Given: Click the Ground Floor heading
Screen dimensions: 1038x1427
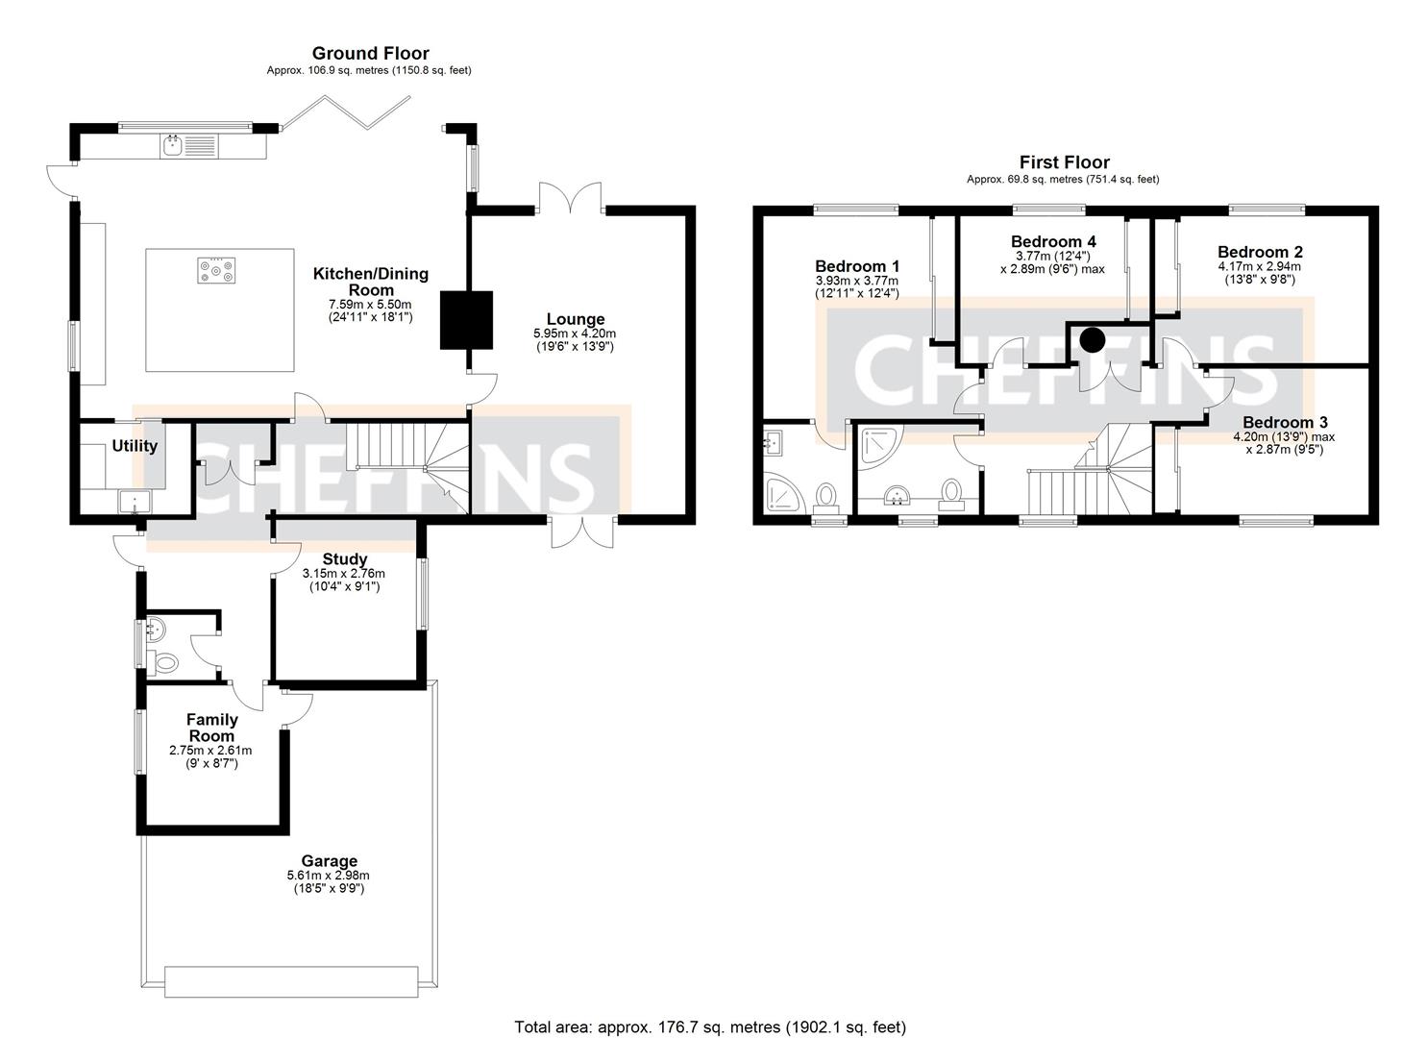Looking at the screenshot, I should [370, 54].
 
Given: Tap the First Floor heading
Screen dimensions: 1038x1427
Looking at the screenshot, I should [1064, 162].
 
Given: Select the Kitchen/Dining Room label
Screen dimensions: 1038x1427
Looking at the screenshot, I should [370, 282].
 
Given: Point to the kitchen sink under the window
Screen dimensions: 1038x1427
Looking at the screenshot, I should [174, 146].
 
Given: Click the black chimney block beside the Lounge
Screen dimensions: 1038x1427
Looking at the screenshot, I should [466, 320].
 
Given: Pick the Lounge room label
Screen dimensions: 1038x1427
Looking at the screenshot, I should [576, 319].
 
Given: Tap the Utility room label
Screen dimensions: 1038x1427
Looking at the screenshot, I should [135, 446].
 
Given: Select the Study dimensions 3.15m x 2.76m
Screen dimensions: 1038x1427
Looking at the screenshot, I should [343, 574].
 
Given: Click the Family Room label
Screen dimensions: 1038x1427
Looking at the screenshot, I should [211, 728].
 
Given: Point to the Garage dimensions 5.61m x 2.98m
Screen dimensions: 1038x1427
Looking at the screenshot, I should [328, 876].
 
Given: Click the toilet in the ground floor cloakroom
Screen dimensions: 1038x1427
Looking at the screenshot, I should [164, 662].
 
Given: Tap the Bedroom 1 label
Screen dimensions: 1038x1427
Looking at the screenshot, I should [856, 266].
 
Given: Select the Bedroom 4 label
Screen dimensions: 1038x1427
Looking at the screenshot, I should [1053, 241].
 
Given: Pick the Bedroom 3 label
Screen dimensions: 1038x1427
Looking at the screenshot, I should [1285, 422].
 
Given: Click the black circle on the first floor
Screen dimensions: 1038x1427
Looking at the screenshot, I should [1092, 339].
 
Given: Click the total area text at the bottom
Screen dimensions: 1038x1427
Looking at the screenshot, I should [710, 1026].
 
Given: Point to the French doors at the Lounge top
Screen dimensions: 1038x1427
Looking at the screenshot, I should [570, 199].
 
